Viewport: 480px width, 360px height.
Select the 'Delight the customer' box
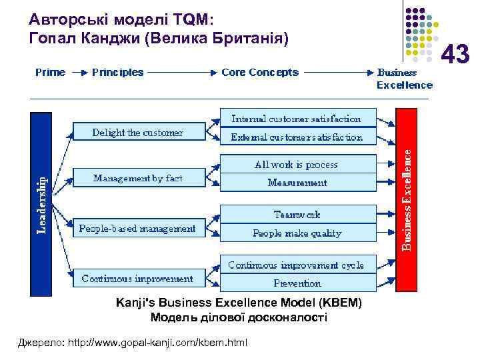click(x=137, y=133)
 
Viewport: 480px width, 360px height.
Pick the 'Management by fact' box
click(x=137, y=179)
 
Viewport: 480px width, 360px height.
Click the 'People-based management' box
click(x=137, y=229)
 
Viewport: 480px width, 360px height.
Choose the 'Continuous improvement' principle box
click(x=137, y=279)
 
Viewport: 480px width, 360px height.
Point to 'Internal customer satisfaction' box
click(x=296, y=119)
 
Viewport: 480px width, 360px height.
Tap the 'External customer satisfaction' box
click(x=296, y=137)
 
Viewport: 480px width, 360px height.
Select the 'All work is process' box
click(x=296, y=164)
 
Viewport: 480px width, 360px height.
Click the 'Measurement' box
click(x=296, y=183)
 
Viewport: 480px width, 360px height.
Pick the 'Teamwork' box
click(x=296, y=215)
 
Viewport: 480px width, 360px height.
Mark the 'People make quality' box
click(x=296, y=233)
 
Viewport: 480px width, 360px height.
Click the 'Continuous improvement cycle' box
click(x=296, y=265)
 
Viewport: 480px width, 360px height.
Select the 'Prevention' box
click(x=296, y=283)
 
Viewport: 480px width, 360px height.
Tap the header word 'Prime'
click(x=50, y=72)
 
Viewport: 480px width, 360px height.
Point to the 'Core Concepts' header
click(x=260, y=72)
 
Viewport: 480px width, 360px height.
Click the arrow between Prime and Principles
click(x=79, y=72)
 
